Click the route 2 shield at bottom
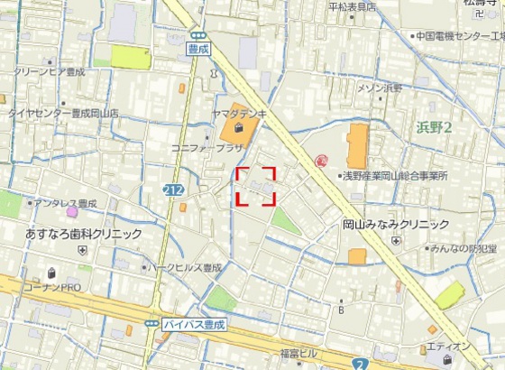click(359, 363)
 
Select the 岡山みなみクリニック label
click(395, 224)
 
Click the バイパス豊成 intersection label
click(193, 322)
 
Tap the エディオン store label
click(448, 347)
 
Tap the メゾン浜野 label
click(380, 88)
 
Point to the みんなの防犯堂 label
click(463, 248)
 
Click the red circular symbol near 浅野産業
click(321, 162)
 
